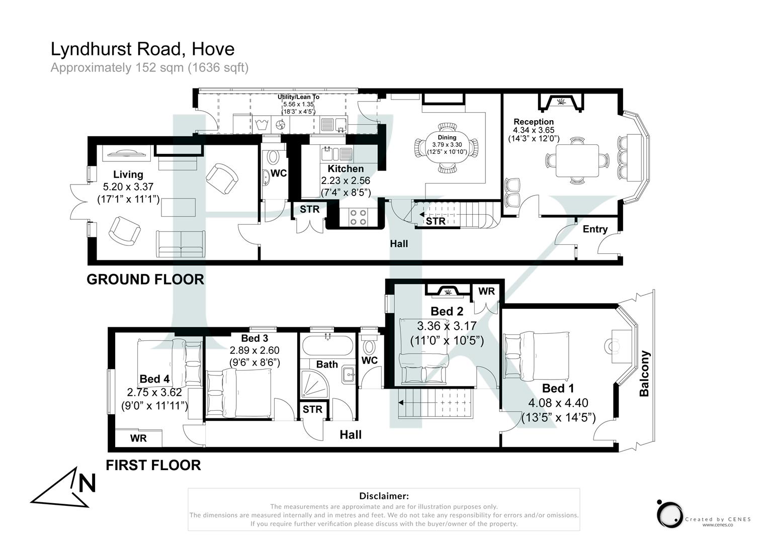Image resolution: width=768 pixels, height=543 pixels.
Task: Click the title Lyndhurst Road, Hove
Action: [142, 49]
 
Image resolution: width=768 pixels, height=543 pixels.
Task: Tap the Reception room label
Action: [533, 122]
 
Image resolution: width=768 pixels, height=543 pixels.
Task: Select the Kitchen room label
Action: [346, 169]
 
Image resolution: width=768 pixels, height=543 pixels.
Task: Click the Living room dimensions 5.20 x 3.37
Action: [128, 187]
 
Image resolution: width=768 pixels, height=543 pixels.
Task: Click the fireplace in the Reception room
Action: [561, 102]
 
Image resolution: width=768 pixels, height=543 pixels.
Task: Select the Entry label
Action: [595, 229]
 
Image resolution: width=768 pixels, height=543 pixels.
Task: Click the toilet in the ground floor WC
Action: [273, 157]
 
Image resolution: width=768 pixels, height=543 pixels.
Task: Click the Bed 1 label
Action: [558, 388]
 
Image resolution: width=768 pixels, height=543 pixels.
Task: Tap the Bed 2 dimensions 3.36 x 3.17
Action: [447, 326]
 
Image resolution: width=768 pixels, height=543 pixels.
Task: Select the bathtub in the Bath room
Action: [327, 346]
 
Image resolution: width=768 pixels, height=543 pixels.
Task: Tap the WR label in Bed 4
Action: [138, 438]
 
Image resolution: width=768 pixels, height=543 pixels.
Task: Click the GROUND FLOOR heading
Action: [145, 280]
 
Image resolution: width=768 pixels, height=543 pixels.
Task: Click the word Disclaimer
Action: [384, 496]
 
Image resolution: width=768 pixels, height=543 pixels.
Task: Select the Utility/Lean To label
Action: [298, 97]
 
